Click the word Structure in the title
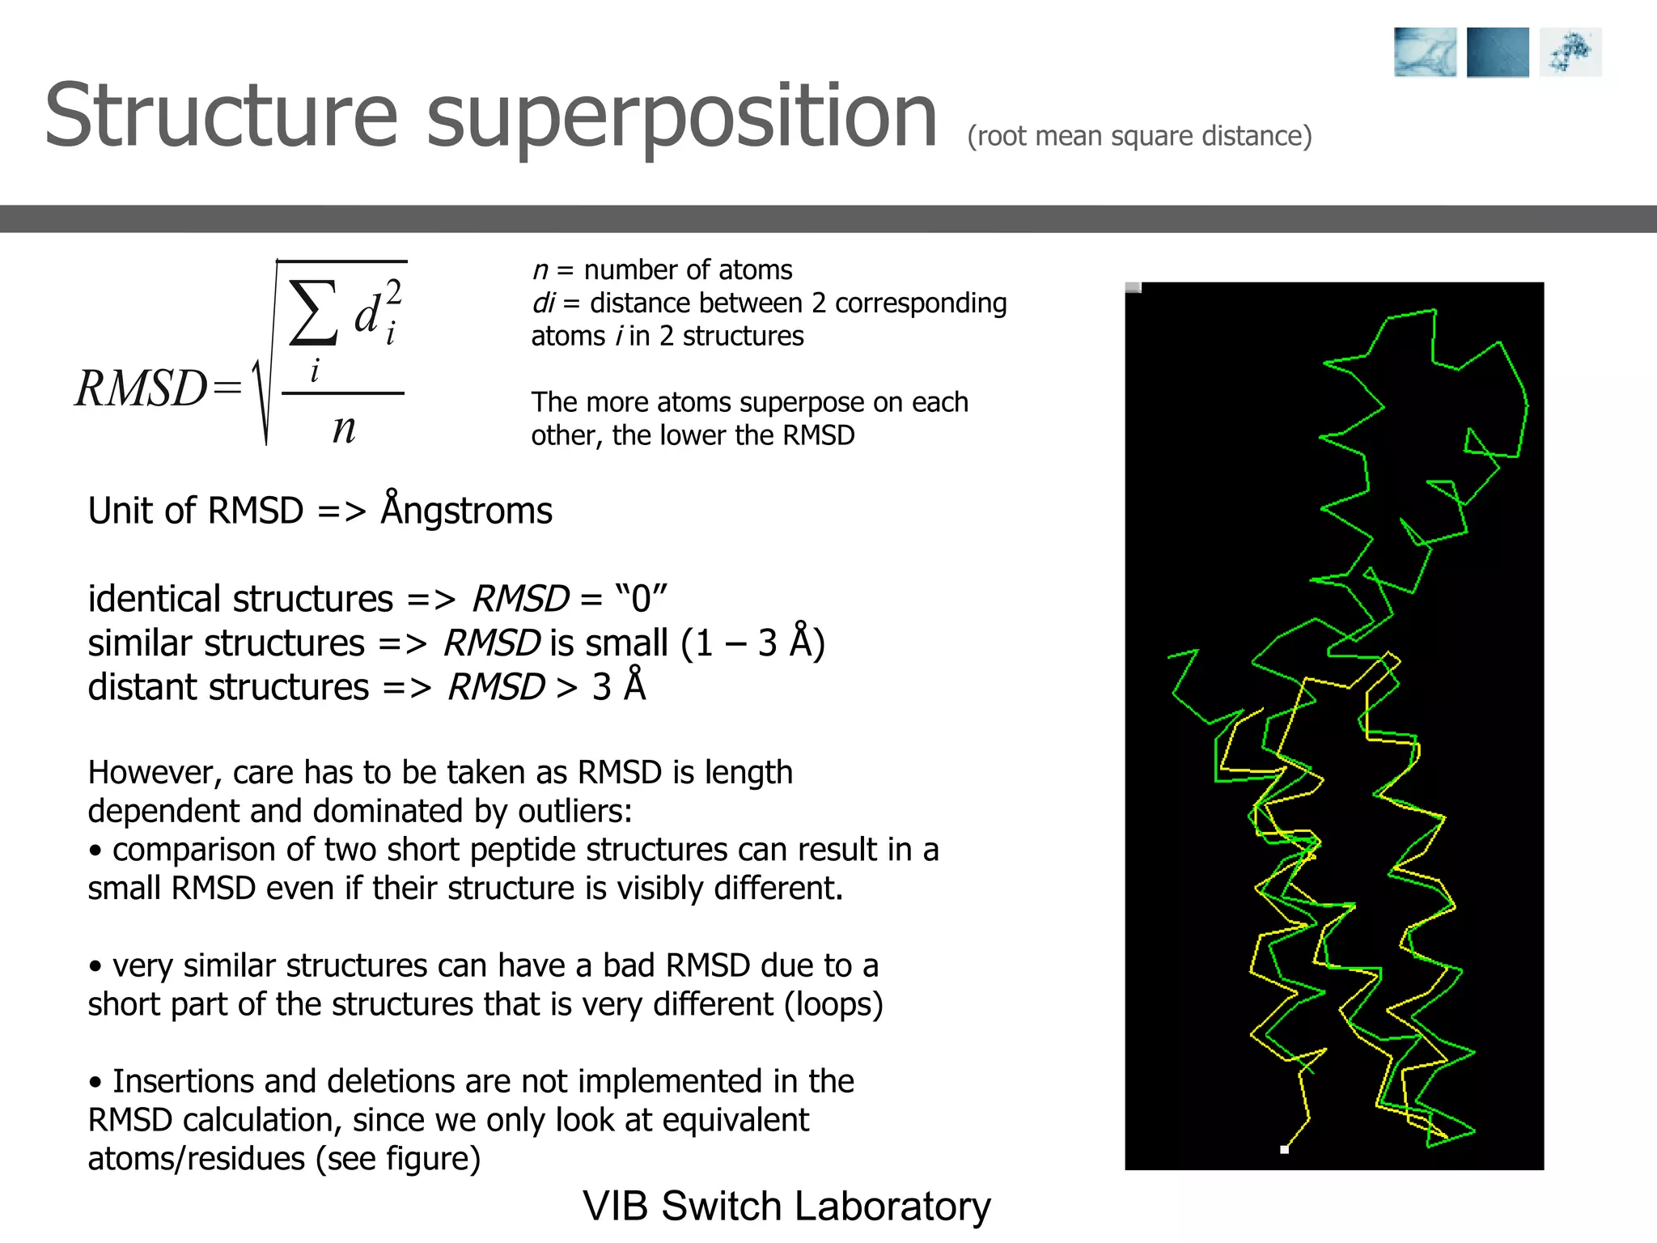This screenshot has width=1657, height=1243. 221,116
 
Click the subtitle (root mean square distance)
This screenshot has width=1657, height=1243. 1139,136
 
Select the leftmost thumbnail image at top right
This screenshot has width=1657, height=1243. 1425,53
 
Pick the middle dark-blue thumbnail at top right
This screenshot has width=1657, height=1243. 1498,53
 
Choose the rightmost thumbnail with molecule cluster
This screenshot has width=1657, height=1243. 1570,53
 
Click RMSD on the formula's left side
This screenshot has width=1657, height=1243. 142,388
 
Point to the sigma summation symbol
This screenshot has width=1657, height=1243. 313,313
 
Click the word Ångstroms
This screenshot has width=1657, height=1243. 467,511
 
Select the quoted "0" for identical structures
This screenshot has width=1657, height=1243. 641,599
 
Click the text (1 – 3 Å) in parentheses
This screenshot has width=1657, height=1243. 752,643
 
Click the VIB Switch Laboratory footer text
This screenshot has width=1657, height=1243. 786,1206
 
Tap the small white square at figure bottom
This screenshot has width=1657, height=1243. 1284,1149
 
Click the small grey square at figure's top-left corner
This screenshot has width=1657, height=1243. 1134,288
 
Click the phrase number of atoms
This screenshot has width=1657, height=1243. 688,269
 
